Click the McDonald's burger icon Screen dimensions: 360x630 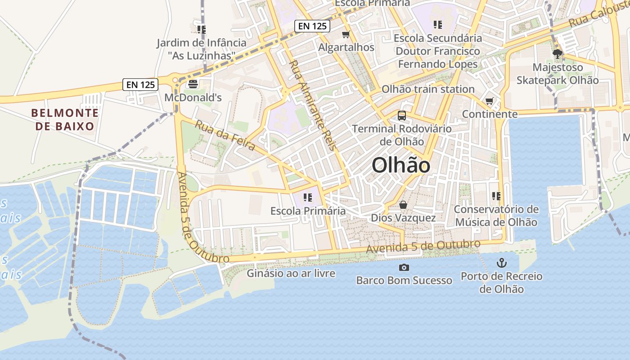(x=193, y=84)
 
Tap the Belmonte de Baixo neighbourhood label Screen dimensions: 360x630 (x=65, y=119)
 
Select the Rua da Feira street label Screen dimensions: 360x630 (x=225, y=135)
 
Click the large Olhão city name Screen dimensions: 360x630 (x=400, y=166)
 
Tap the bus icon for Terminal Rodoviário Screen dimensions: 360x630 (x=402, y=116)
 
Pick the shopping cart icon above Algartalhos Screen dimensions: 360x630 (x=346, y=34)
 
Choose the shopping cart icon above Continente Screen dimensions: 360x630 (x=490, y=101)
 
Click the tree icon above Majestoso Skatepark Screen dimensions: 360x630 (x=558, y=54)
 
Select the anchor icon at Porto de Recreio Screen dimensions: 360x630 (x=501, y=263)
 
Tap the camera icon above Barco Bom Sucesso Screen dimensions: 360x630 (x=404, y=268)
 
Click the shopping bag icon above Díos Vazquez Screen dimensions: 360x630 (x=403, y=205)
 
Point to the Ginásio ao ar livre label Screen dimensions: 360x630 (x=291, y=273)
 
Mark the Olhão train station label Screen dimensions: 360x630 (x=428, y=89)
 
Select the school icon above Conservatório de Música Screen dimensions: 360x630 (x=496, y=196)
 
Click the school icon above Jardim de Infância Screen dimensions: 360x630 (x=201, y=30)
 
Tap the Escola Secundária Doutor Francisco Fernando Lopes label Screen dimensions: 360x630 (x=437, y=51)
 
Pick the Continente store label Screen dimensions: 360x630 (x=490, y=114)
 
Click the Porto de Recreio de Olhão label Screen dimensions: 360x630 (x=501, y=282)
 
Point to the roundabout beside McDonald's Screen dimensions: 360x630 (x=175, y=80)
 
